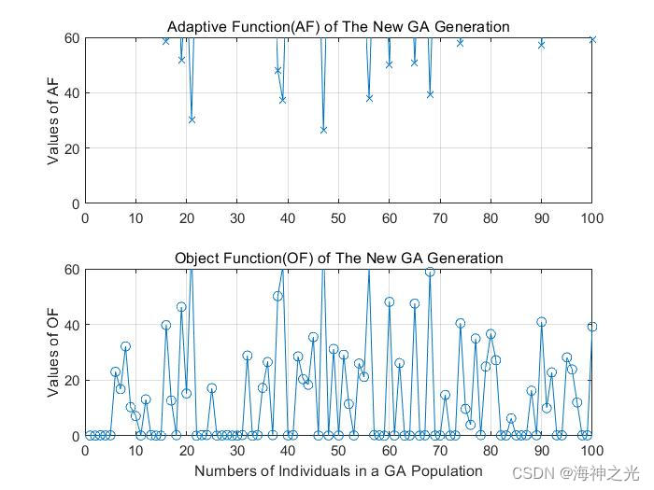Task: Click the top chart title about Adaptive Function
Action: (338, 27)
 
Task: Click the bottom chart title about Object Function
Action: (338, 258)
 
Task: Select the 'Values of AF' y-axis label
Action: (54, 120)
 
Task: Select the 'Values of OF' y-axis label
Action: (54, 353)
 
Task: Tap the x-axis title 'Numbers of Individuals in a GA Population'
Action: (338, 471)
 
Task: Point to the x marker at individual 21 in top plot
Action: (192, 119)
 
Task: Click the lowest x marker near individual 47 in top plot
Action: (323, 130)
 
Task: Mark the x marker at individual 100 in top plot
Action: (592, 40)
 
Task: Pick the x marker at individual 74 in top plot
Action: (460, 42)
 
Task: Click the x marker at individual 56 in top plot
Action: (369, 98)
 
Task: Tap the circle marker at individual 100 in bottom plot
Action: (592, 327)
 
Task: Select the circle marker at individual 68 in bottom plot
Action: (430, 272)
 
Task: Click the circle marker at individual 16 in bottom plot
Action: (166, 326)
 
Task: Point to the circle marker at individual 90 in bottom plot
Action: (541, 322)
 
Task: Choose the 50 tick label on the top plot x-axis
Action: (338, 218)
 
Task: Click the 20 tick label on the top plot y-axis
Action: (70, 148)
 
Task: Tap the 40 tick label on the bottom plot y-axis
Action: (70, 325)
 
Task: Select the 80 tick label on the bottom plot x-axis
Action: (490, 451)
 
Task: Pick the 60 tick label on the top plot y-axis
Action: (70, 38)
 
